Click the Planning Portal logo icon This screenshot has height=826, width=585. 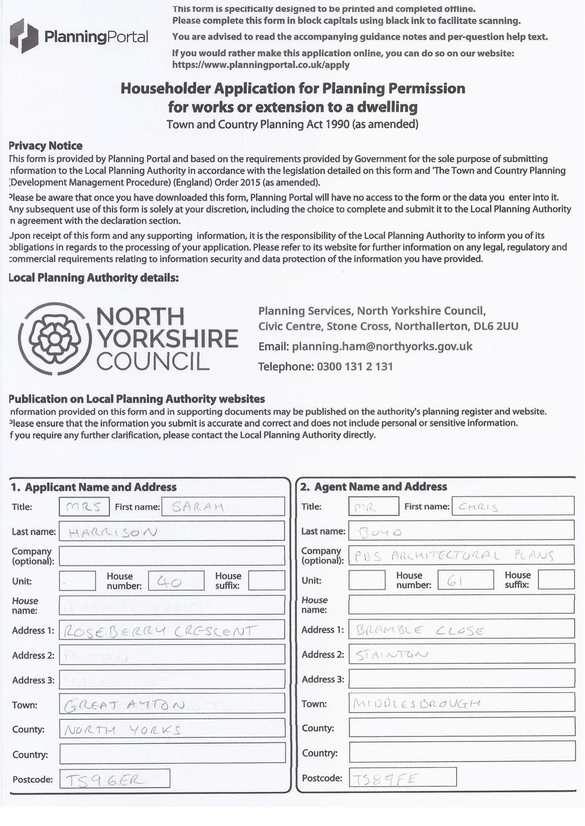coord(24,36)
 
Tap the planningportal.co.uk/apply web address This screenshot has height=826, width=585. coord(261,65)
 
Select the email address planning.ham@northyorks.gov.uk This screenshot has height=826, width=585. coord(382,346)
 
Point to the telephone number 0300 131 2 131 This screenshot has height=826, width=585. coord(355,367)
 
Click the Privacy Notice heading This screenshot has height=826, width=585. coord(46,146)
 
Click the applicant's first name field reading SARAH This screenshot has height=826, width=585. coord(223,506)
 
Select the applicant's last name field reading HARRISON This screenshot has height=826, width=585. coord(172,531)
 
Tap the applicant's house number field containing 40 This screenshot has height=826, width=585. coord(176,581)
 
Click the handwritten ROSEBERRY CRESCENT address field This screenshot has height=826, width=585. coord(172,630)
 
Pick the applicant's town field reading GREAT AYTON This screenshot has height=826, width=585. coord(172,704)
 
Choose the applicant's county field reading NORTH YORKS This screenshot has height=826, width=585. coord(172,729)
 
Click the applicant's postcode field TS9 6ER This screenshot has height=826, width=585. coord(115,779)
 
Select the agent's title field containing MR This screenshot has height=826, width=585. coord(373,506)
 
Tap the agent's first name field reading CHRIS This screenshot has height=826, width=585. coord(512,506)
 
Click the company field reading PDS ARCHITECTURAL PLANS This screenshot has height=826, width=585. coord(461,555)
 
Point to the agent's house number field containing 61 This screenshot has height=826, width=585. coord(465,580)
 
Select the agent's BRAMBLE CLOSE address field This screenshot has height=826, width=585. coord(461,629)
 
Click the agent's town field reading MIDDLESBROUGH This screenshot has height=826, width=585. coord(461,703)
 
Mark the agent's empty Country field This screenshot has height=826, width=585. coord(461,752)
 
